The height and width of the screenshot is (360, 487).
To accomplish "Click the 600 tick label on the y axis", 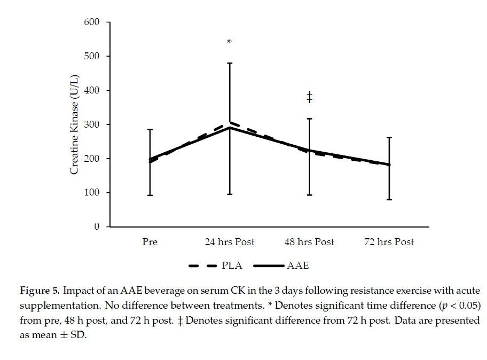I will (x=92, y=22).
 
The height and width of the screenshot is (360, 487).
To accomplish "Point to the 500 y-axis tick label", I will (x=92, y=56).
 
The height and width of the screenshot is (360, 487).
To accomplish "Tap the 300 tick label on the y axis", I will (x=92, y=124).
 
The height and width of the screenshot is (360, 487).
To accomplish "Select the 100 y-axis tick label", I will (x=92, y=193).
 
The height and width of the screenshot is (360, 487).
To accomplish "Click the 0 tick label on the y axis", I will (x=97, y=227).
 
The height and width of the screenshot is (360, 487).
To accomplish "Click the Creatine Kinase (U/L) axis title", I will (x=75, y=124).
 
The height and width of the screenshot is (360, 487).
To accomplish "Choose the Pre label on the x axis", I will (x=150, y=242).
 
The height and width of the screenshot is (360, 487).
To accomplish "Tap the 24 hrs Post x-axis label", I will (x=230, y=242).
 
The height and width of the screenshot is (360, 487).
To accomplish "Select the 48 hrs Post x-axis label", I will (x=309, y=242).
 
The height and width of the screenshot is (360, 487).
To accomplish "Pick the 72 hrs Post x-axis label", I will (x=389, y=242).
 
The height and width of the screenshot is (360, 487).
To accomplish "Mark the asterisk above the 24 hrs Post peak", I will (x=230, y=42).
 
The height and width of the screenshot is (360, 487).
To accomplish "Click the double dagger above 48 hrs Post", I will (x=309, y=97).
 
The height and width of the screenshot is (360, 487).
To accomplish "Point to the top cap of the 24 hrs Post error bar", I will (x=230, y=63).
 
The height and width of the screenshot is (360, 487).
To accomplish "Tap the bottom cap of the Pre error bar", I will (x=150, y=195).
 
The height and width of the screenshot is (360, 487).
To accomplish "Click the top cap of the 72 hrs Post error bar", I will (x=389, y=137).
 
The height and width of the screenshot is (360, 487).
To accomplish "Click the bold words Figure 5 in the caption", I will (x=39, y=291).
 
